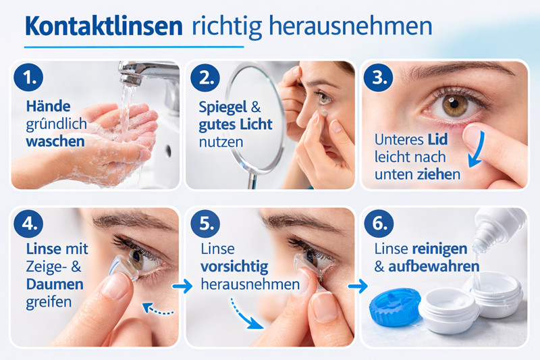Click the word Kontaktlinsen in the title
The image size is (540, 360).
click(x=104, y=26)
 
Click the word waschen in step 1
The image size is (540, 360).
click(x=55, y=142)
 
